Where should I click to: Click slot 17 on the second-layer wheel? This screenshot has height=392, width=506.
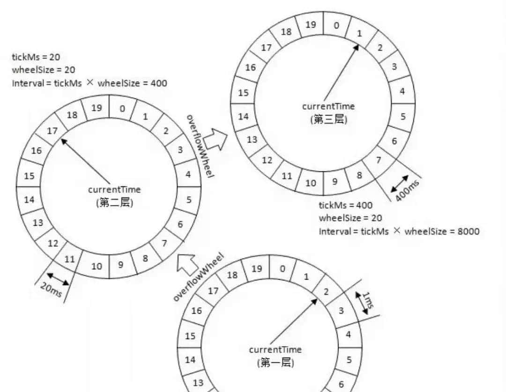coord(52,131)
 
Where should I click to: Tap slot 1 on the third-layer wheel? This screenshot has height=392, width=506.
coord(359,33)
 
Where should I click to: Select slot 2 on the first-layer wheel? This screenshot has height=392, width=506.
coord(326,291)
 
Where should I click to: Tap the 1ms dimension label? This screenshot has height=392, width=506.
coord(367,299)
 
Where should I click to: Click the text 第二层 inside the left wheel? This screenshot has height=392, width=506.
coord(114,203)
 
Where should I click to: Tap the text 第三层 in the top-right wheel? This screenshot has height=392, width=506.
coord(328,119)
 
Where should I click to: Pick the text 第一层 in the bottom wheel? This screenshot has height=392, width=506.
coord(275,362)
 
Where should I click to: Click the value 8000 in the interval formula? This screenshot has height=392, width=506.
coord(467,231)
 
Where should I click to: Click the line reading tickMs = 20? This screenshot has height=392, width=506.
coord(36,57)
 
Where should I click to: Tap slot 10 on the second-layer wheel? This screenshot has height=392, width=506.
coord(97,266)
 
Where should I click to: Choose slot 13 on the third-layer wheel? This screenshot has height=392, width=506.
coord(252,139)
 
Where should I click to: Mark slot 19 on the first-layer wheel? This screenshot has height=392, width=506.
coord(256,269)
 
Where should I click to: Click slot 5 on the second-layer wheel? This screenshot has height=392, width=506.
coord(189,200)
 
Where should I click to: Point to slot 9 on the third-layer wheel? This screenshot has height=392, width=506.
coord(335,181)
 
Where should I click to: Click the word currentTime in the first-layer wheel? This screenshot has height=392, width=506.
coord(275,349)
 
